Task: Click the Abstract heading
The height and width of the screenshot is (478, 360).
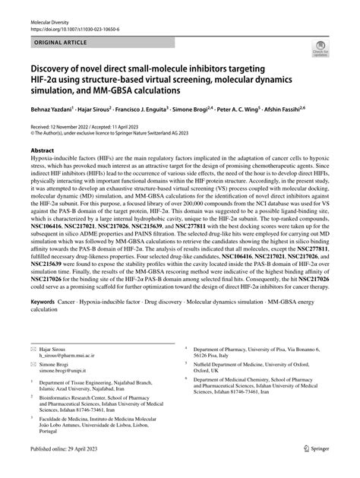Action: click(42, 151)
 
